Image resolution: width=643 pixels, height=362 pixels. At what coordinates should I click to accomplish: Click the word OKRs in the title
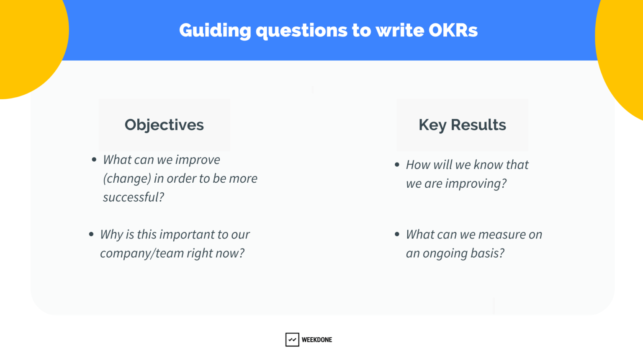[453, 30]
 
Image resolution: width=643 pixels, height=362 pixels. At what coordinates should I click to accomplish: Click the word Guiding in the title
[215, 31]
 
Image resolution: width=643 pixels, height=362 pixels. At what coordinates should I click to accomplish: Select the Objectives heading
[164, 125]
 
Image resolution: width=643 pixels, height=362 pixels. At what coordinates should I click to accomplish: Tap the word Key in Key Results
[432, 125]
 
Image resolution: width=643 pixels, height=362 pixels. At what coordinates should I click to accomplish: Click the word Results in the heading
[478, 125]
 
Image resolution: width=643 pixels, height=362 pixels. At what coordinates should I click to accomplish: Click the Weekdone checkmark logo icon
[292, 339]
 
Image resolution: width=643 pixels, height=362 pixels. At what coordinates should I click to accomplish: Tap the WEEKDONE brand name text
[317, 340]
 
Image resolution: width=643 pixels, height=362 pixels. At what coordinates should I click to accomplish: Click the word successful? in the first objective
[134, 197]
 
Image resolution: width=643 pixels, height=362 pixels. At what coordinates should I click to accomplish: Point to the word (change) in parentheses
[127, 179]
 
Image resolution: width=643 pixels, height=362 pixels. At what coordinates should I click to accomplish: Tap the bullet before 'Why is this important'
[91, 235]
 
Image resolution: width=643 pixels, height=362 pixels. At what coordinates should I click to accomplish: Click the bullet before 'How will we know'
[397, 165]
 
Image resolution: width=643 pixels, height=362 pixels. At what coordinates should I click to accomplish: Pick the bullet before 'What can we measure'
[397, 235]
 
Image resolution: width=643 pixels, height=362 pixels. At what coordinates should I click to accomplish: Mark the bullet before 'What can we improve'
[94, 160]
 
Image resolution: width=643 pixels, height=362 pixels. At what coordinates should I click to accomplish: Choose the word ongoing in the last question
[445, 254]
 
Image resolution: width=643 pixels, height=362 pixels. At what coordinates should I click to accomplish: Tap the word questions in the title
[301, 31]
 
